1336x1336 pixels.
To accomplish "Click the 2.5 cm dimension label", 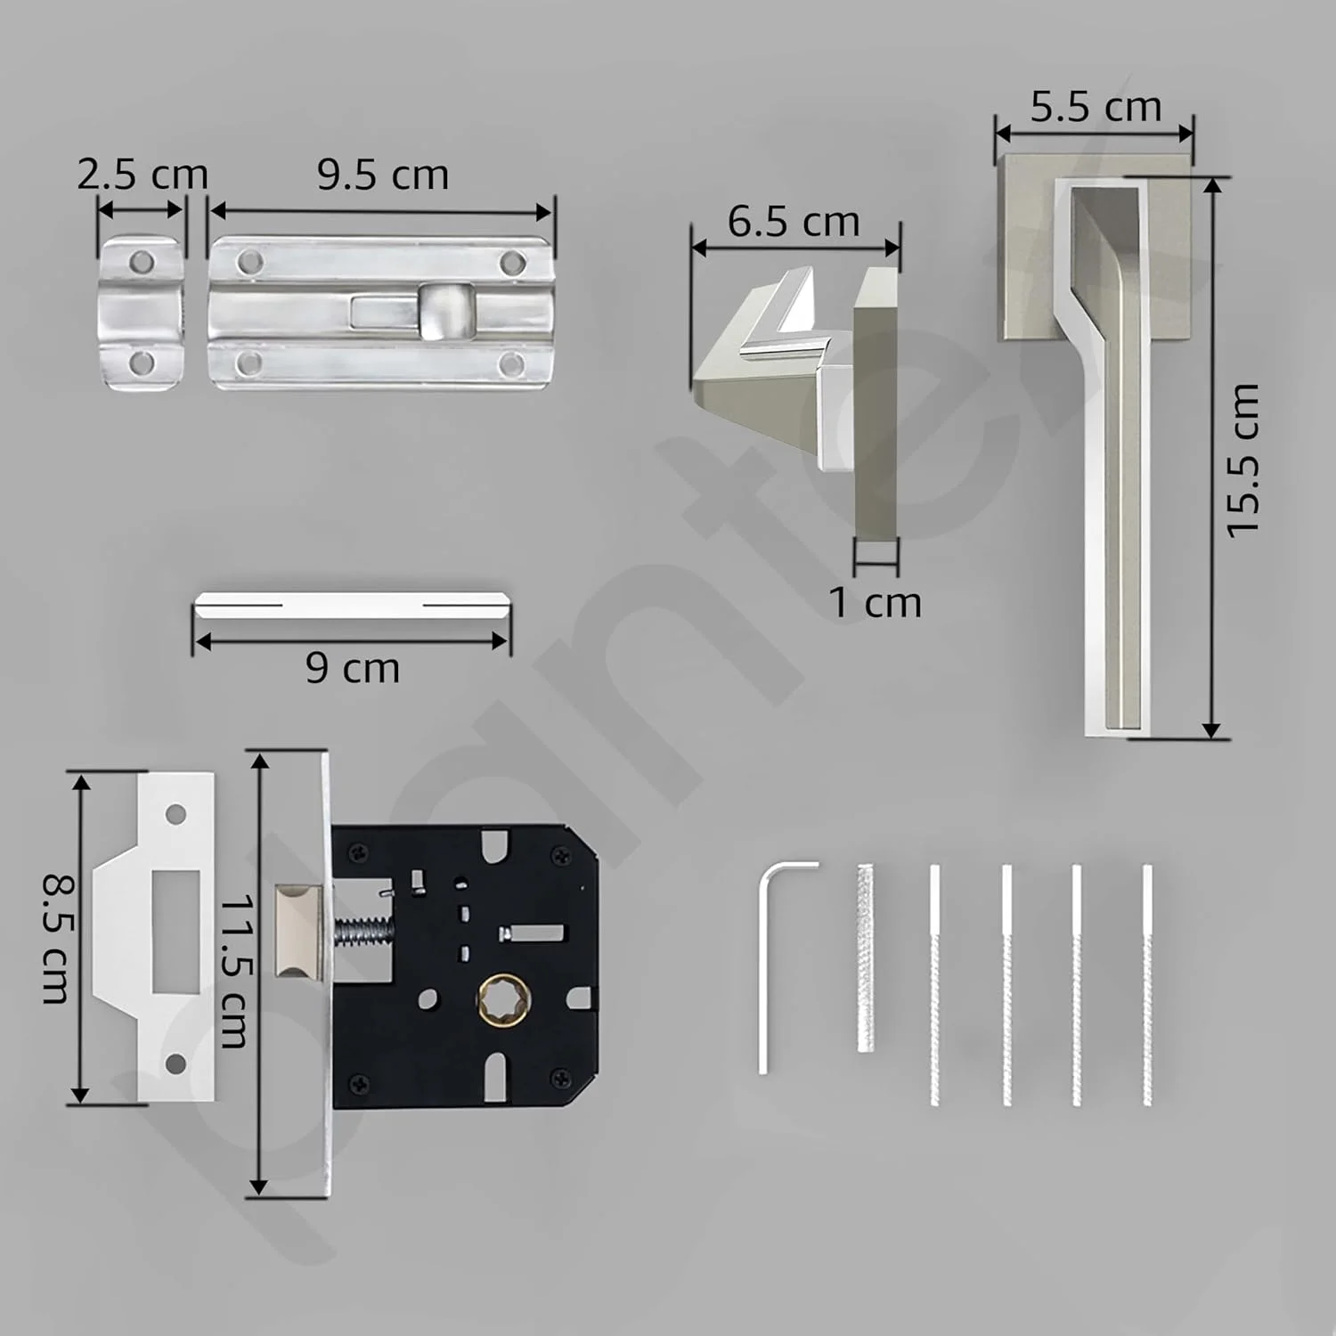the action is point(143,175).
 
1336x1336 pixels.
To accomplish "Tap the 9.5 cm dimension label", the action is point(383,175).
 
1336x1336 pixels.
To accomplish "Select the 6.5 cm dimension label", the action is point(794,222).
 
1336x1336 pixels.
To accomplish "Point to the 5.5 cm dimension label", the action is point(1096,107).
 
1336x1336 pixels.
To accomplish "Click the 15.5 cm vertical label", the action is point(1243,460).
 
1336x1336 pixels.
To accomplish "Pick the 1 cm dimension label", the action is point(876,603).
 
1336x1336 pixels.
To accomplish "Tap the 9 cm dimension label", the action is point(353,668).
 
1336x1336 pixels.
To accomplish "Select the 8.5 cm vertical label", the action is point(56,939).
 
